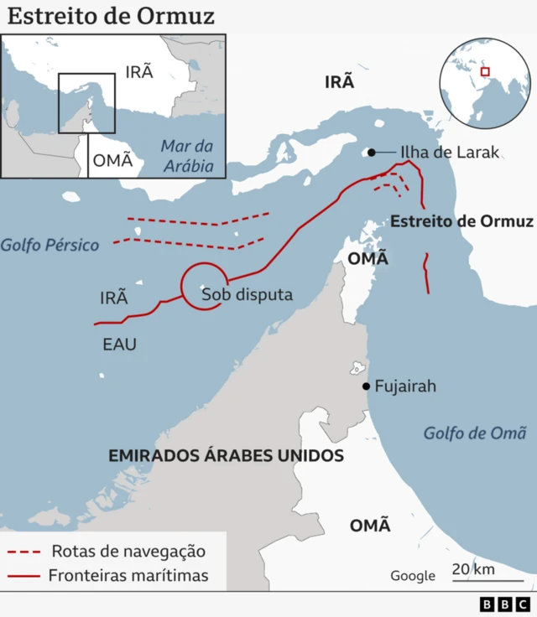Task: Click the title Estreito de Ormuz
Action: point(112,16)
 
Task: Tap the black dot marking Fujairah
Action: point(366,386)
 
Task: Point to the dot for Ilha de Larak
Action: point(370,153)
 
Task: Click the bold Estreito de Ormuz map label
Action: point(461,221)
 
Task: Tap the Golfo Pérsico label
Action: point(50,246)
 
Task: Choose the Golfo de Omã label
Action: point(475,433)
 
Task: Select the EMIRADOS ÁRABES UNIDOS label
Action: point(227,456)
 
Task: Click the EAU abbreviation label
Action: point(119,344)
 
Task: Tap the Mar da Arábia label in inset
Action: point(188,156)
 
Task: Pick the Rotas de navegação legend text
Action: point(128,552)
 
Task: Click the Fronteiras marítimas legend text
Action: point(128,576)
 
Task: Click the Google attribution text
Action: point(413,576)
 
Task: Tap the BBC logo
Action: point(505,604)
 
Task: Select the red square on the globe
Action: point(484,72)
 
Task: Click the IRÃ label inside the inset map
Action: point(139,71)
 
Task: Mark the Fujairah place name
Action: point(406,386)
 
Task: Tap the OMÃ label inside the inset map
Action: point(112,161)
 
